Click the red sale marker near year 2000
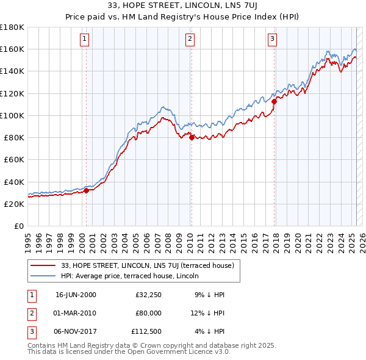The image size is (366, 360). click(86, 190)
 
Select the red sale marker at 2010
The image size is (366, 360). click(192, 137)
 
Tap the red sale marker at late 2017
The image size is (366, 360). click(274, 101)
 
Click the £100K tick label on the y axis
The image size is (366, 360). click(12, 115)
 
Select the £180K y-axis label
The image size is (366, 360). click(12, 27)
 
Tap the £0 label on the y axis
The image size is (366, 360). click(19, 226)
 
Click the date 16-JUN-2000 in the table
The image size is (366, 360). click(76, 295)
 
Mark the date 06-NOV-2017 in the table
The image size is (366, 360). click(76, 331)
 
